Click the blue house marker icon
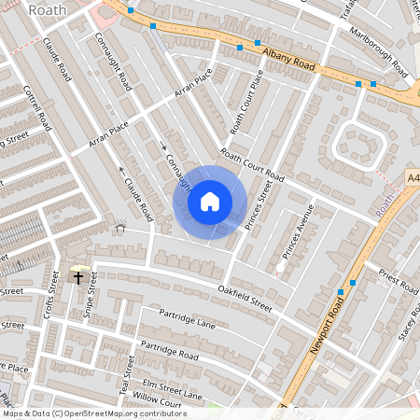pos(210,201)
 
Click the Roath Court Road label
pos(252,164)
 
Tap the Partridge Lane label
pos(187,318)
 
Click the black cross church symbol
pos(78,276)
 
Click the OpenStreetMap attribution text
pos(93,413)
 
